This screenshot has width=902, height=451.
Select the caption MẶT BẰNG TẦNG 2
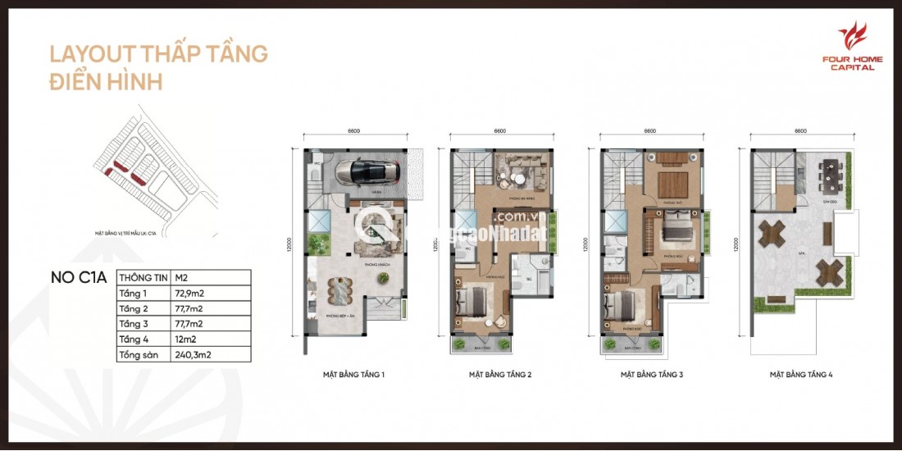tap(500, 375)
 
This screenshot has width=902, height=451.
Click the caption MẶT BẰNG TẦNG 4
tap(801, 375)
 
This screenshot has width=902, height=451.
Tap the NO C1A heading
tap(79, 277)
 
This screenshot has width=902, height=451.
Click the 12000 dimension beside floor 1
tap(289, 245)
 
